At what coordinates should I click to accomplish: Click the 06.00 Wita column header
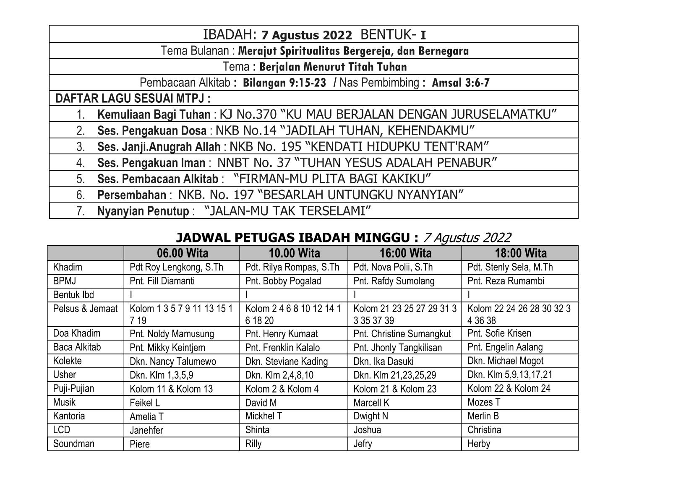182,253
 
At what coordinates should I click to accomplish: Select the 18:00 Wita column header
520,253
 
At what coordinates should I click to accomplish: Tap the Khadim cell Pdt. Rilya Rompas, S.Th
292,267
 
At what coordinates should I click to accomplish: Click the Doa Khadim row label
77,333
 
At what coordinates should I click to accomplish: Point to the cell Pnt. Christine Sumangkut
402,334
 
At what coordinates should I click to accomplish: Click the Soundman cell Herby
479,444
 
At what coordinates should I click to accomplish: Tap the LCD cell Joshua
367,430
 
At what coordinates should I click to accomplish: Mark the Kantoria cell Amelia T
146,417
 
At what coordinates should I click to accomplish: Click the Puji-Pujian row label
73,388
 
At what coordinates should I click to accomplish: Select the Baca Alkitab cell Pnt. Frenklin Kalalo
282,348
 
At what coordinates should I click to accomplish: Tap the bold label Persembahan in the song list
132,195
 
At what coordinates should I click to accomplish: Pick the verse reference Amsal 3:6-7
461,83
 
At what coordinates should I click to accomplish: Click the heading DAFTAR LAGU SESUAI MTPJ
133,99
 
